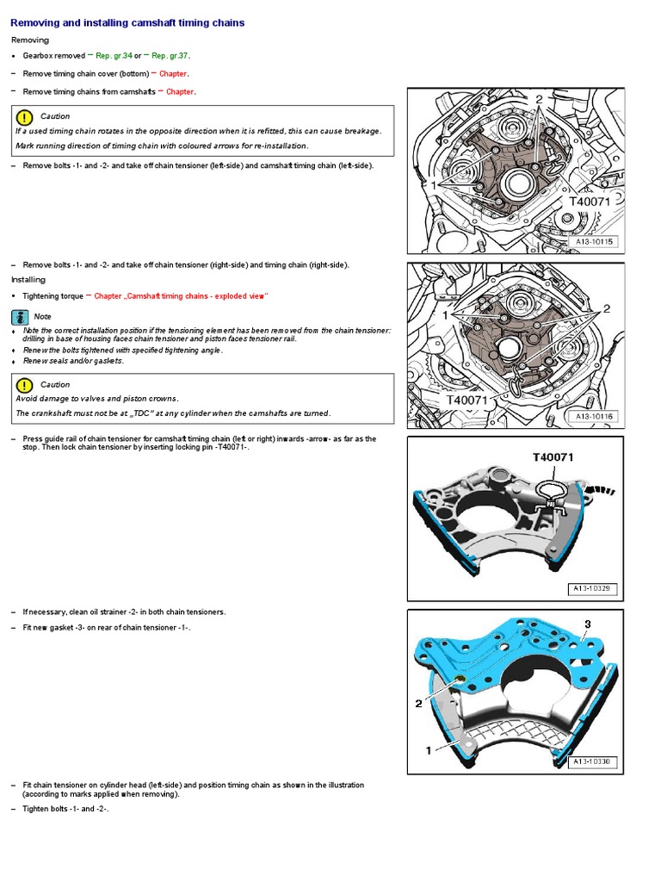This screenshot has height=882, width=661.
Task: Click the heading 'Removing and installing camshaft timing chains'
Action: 127,22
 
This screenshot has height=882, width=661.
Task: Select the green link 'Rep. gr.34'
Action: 114,55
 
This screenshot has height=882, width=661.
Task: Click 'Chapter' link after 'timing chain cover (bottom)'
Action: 173,74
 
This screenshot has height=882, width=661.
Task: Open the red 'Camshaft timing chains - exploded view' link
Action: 182,296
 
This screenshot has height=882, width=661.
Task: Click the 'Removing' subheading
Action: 30,40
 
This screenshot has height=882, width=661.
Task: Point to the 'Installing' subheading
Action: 28,280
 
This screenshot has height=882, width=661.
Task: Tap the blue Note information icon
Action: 21,316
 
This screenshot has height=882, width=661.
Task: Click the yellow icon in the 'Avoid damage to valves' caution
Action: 24,385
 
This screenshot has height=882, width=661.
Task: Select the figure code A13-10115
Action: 596,243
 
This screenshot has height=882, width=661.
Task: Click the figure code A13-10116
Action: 596,417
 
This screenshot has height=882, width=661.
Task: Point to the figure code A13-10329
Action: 592,589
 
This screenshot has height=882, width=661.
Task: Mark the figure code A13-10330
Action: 592,762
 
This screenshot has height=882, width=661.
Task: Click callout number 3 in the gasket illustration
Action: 587,624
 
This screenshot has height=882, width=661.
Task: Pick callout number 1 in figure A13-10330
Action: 428,750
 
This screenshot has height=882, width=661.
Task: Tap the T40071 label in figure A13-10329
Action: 553,457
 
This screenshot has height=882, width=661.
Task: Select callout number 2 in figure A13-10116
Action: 606,308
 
